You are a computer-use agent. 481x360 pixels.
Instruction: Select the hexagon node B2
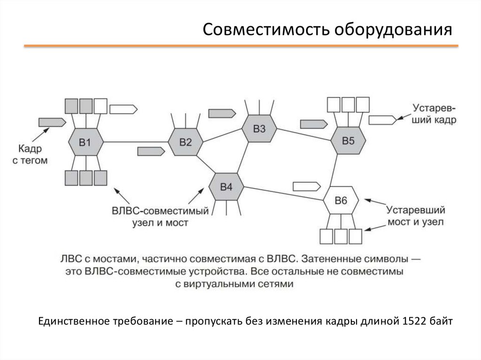(x=186, y=142)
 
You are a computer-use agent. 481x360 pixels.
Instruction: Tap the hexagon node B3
(x=259, y=129)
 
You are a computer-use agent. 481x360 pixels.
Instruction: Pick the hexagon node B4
(x=226, y=186)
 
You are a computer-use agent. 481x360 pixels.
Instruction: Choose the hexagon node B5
(x=348, y=140)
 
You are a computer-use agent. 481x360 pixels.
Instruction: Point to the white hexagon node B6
(x=341, y=200)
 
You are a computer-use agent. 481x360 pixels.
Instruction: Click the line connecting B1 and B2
(x=136, y=142)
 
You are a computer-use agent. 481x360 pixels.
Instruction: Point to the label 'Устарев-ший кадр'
(x=434, y=113)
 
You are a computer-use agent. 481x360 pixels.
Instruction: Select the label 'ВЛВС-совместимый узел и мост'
(x=160, y=216)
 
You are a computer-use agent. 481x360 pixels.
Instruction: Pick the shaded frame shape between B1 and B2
(x=151, y=151)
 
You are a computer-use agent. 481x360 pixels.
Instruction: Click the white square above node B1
(x=101, y=105)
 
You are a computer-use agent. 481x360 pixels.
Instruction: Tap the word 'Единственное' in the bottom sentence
(x=75, y=322)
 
